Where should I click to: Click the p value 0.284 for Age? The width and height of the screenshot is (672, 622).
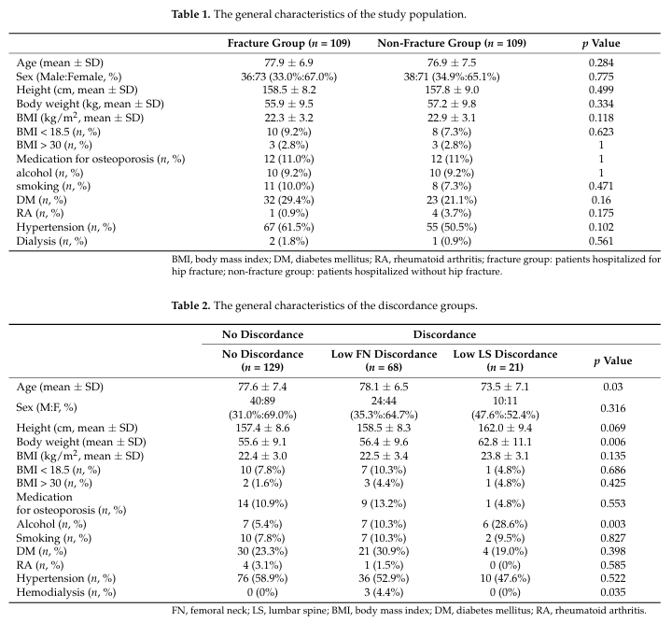[x=601, y=63]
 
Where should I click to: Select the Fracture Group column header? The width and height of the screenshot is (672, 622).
[x=288, y=43]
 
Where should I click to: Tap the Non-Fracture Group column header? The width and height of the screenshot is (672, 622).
[x=452, y=43]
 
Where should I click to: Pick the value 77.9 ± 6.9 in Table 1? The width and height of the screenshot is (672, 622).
[x=288, y=63]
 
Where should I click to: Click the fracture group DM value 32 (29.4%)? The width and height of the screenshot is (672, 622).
[x=288, y=200]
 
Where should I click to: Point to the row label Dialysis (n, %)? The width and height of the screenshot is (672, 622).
[x=52, y=241]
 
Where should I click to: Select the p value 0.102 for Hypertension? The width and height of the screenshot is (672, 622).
[x=601, y=227]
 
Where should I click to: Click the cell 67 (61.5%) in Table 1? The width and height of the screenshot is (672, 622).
[x=288, y=227]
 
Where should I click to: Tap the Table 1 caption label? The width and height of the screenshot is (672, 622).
[x=191, y=14]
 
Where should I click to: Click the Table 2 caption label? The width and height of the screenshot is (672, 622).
[x=191, y=305]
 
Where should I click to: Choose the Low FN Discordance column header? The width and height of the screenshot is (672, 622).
[x=384, y=360]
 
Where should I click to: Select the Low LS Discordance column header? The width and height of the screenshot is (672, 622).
[x=505, y=360]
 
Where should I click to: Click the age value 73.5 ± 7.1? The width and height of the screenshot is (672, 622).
[x=505, y=387]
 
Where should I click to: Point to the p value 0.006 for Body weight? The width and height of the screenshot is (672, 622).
[x=613, y=442]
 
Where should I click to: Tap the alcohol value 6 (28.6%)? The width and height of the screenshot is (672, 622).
[x=505, y=524]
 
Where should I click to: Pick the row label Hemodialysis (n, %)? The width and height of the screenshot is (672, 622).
[x=66, y=592]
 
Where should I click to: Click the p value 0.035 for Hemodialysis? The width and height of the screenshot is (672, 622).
[x=613, y=592]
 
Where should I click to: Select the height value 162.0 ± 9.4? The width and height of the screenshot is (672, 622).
[x=505, y=428]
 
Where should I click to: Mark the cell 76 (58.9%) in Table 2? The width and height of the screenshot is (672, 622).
[x=262, y=578]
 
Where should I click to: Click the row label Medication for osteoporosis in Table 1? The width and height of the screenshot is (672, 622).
[x=101, y=159]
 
